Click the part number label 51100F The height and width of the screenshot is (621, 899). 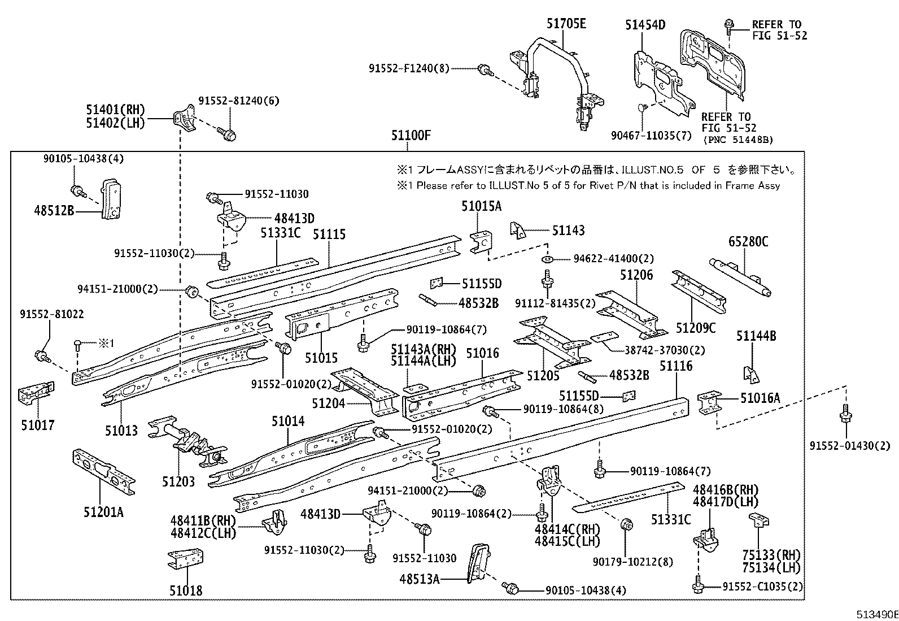[x=411, y=136]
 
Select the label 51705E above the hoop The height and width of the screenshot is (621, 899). [x=566, y=24]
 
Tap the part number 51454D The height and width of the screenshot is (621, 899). [x=645, y=25]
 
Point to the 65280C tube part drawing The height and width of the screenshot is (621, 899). [x=741, y=276]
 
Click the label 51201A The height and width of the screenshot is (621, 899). [x=103, y=513]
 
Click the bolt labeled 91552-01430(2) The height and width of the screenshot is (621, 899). [x=845, y=414]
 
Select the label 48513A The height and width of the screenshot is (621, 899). [x=419, y=579]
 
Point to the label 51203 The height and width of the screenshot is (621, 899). [x=178, y=481]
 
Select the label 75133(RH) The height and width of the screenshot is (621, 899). [x=771, y=555]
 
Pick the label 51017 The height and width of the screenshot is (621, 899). [x=38, y=425]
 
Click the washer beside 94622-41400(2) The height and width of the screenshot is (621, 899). [x=546, y=259]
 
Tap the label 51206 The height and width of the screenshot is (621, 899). [x=636, y=275]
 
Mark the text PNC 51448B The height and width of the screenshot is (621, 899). [x=737, y=140]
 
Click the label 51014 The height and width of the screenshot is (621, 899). [x=287, y=421]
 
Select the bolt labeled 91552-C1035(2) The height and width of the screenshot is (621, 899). [x=699, y=586]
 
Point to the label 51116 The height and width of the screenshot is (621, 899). [x=675, y=366]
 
